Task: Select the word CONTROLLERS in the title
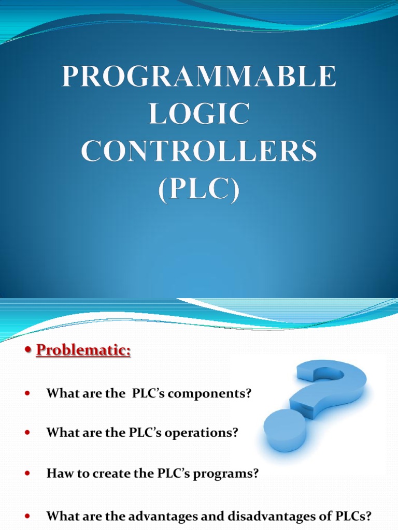(200, 153)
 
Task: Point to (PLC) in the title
(200, 190)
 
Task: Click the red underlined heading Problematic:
(83, 350)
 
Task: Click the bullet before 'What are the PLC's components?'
(28, 394)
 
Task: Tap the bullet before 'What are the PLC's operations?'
(28, 433)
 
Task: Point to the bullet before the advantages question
(28, 516)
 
